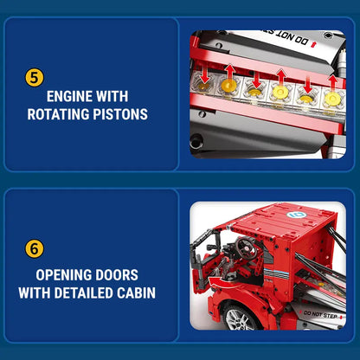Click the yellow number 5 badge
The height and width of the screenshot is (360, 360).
(35, 78)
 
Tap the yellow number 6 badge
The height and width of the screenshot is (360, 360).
(35, 248)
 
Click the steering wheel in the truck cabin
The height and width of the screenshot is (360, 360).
(246, 247)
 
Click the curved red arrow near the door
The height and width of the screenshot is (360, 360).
(220, 281)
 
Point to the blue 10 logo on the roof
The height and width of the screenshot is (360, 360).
(297, 215)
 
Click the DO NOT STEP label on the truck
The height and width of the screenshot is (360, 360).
(320, 314)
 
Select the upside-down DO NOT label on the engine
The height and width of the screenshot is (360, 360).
(293, 39)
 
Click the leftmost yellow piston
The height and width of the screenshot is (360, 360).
(204, 85)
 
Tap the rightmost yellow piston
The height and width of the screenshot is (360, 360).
(332, 99)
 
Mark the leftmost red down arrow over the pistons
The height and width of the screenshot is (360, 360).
(205, 74)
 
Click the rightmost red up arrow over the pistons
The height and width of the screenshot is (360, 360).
(333, 82)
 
